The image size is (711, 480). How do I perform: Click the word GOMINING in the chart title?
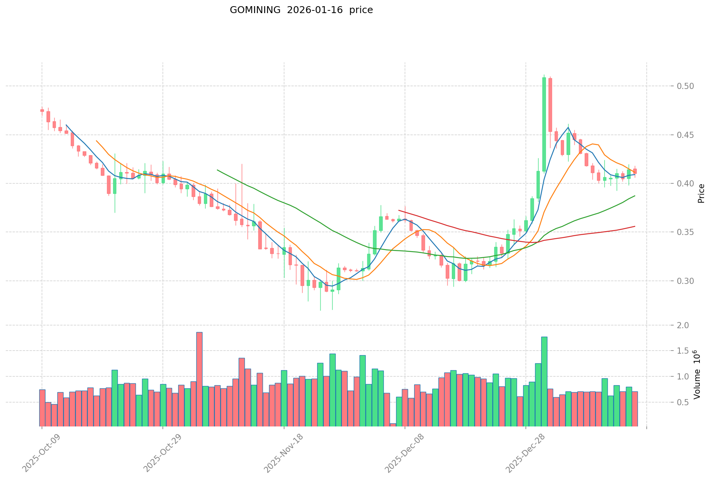pyautogui.click(x=255, y=10)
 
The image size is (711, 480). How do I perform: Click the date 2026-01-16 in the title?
pyautogui.click(x=315, y=10)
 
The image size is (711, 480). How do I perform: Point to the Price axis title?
pyautogui.click(x=701, y=193)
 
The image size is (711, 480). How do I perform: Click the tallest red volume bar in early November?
pyautogui.click(x=199, y=379)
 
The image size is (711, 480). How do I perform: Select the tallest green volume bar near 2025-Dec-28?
pyautogui.click(x=544, y=381)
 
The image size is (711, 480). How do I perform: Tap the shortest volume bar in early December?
pyautogui.click(x=393, y=425)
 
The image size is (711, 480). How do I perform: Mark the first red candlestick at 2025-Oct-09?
pyautogui.click(x=42, y=111)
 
